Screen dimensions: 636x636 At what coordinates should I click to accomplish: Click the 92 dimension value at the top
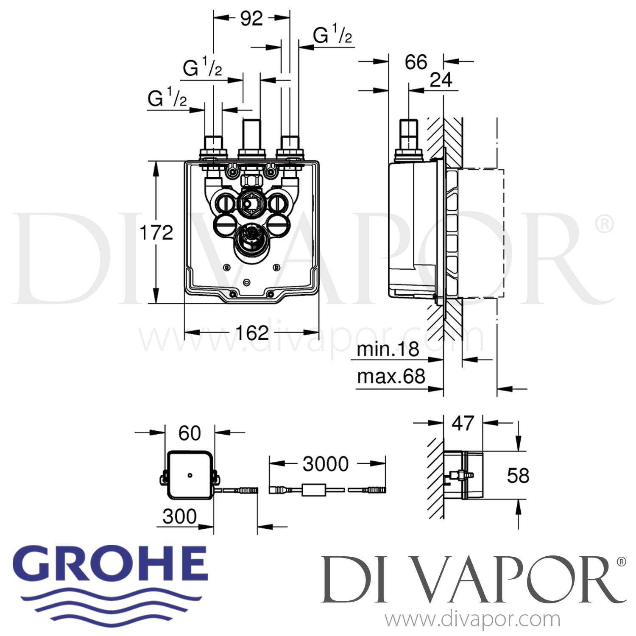point(251,18)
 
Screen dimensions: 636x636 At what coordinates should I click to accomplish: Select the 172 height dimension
point(157,233)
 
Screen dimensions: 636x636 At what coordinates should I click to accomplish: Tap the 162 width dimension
point(252,333)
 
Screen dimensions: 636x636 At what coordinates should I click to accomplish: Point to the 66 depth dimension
point(416,62)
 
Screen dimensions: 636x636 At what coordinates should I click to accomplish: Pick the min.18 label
point(388,350)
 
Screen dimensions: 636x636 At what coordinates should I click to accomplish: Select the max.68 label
point(391,376)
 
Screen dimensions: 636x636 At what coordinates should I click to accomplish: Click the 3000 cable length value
point(326,464)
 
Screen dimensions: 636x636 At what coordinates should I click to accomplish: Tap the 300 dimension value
point(180,516)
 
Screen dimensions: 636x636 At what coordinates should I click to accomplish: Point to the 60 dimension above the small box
point(190,433)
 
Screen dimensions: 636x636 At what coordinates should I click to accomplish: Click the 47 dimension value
point(463,423)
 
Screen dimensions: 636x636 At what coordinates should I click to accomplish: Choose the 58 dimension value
point(518,476)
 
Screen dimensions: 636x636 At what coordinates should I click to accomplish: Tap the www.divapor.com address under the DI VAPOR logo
point(472,619)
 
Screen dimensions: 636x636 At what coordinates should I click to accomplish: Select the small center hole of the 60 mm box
point(190,475)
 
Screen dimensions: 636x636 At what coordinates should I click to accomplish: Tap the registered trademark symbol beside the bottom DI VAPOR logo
point(622,562)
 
